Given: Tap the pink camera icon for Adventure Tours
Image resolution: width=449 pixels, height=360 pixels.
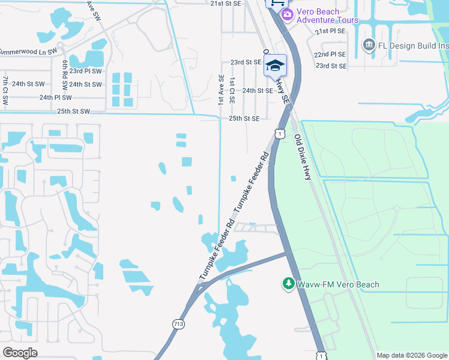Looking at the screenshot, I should (287, 14).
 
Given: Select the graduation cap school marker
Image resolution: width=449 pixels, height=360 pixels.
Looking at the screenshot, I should (275, 65).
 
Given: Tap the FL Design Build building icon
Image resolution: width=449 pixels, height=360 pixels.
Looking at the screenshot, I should (368, 44).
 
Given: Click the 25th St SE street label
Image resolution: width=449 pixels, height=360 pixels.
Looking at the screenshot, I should (244, 119).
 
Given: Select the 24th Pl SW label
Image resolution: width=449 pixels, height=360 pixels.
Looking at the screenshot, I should (55, 97).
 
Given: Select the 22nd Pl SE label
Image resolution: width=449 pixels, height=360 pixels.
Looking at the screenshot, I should (330, 54).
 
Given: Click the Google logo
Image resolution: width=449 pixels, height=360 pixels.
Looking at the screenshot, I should (20, 353).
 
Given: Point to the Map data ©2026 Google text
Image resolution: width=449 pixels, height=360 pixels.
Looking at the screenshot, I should (412, 355).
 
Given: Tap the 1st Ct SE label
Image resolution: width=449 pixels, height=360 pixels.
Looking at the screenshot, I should (232, 90).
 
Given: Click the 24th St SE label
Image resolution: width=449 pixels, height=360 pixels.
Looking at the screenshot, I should (258, 91).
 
